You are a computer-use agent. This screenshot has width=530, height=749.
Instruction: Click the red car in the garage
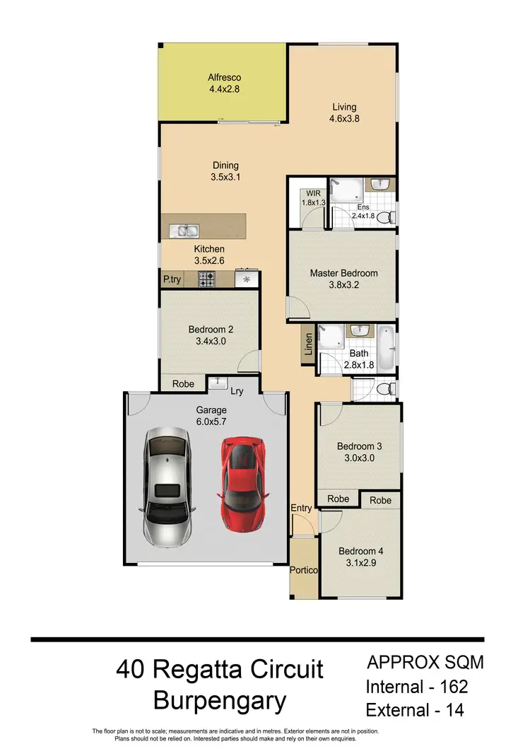coord(242,484)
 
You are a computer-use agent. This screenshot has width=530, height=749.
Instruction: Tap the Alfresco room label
coord(225,78)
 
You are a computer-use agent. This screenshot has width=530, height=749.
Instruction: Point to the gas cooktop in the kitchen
coord(206,279)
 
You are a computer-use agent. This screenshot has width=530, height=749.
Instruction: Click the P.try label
coord(172,279)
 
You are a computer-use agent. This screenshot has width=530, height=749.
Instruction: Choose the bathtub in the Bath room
coord(386,348)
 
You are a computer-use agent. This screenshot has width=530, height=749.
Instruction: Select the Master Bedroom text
coord(343,273)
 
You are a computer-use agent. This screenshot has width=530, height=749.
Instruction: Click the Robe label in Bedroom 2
coord(183,385)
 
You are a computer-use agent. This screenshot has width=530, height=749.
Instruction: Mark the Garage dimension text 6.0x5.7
coord(211,422)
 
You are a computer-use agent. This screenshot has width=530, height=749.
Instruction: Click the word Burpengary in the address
coord(220,701)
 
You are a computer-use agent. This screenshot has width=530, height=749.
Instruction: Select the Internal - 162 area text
coord(417,686)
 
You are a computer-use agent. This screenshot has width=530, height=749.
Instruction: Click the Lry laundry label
coord(237,391)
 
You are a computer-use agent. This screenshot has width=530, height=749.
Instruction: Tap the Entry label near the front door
coord(301,509)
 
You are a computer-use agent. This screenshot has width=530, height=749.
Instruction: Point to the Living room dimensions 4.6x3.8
coord(345,119)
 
